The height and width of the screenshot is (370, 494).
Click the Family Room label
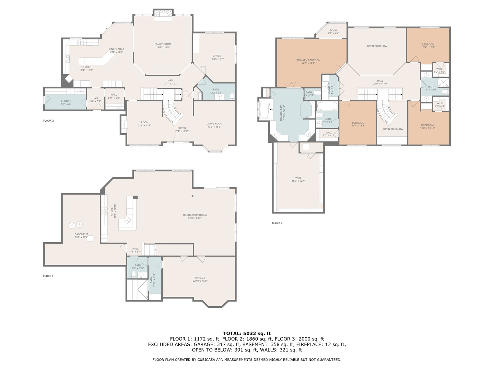pos(163,44)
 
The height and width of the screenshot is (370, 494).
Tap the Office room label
pos(217,56)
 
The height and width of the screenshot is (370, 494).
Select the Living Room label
pos(214,124)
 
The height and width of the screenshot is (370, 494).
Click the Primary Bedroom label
pos(308,60)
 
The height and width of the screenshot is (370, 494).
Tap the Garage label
pos(200,278)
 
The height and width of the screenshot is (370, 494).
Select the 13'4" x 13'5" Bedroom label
pos(428,45)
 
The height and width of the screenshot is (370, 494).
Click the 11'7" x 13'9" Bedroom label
pos(358,123)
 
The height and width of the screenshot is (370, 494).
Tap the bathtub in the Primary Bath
pos(264,110)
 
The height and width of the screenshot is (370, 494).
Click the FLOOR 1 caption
pos(48,276)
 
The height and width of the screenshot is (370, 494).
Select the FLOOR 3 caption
pos(277,223)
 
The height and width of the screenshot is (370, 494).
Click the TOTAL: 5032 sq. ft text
pos(247,333)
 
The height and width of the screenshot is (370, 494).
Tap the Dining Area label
pos(116,49)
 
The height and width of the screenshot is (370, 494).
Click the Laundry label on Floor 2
pos(65,101)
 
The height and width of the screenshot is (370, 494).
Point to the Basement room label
pos(81,234)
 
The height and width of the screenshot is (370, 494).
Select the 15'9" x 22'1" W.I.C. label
pos(298,178)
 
